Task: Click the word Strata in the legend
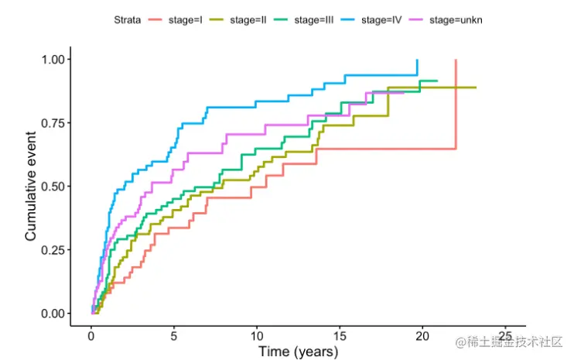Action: point(125,20)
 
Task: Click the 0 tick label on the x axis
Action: point(91,336)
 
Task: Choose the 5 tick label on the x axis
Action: point(174,336)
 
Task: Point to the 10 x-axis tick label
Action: point(257,336)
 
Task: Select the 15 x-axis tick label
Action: point(340,336)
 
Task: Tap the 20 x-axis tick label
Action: point(422,336)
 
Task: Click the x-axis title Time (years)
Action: point(298,352)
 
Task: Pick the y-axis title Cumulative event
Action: point(31,186)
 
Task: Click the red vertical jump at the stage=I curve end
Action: point(456,105)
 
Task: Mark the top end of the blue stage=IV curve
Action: point(417,60)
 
